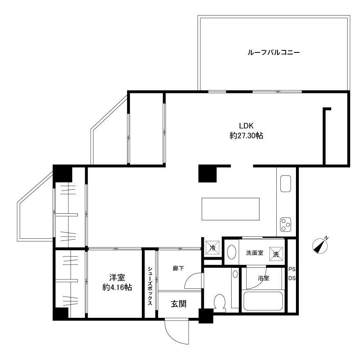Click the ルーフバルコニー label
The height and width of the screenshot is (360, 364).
[x=274, y=52]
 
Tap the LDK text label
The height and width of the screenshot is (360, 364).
[x=246, y=126]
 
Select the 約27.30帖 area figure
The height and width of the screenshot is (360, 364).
[x=246, y=136]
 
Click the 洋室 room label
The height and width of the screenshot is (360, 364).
[x=117, y=277]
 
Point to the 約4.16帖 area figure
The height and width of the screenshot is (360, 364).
[x=117, y=288]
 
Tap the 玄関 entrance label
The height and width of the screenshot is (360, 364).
[x=179, y=303]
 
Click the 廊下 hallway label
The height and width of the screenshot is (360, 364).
[x=178, y=268]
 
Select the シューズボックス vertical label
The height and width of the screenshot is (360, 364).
[x=150, y=286]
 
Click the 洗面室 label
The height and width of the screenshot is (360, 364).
[x=255, y=253]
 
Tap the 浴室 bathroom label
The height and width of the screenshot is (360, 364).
[x=264, y=278]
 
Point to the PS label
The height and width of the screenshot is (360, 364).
[x=292, y=269]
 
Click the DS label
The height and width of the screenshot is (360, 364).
[x=292, y=278]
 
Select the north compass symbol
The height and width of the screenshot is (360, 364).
[x=320, y=246]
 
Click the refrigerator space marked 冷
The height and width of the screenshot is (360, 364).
[x=212, y=248]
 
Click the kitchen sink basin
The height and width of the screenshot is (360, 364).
[x=286, y=184]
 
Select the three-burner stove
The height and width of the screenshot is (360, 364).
[x=286, y=224]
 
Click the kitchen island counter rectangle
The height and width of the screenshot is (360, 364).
[x=230, y=209]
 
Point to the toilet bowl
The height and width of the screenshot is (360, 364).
[x=219, y=303]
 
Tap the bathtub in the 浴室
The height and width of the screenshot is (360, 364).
[x=263, y=301]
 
